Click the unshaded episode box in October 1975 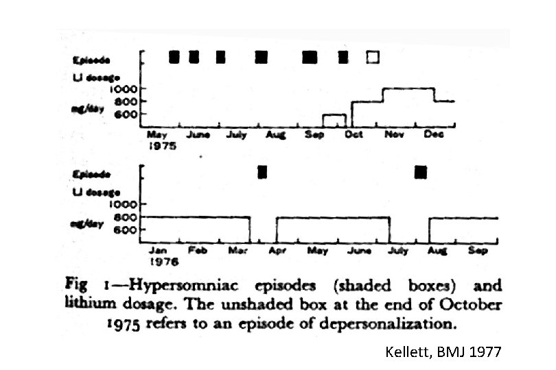point(373,58)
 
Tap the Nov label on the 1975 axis point(394,135)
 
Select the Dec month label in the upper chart point(434,135)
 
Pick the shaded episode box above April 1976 point(262,172)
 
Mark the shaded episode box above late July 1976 point(421,172)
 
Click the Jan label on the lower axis point(158,251)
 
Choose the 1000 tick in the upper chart point(128,88)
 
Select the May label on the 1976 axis point(317,251)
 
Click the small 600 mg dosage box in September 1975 point(334,121)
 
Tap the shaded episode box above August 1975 point(261,58)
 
